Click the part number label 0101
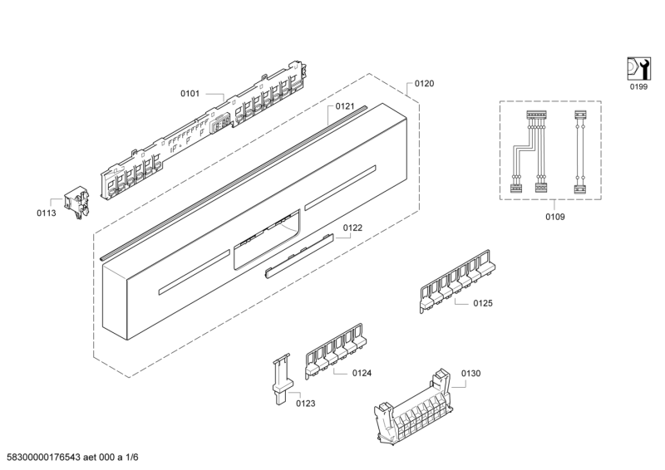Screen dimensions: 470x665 click(190, 94)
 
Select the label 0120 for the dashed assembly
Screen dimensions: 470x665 click(424, 84)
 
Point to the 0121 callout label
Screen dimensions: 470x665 click(345, 106)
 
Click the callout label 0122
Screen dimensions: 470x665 click(353, 228)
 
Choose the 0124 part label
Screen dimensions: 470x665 click(361, 374)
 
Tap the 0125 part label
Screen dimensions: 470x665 click(483, 303)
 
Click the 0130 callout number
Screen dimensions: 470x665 click(470, 375)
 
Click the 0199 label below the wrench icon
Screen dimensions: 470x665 click(638, 86)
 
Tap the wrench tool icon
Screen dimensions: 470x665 click(638, 68)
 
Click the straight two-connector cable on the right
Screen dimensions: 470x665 click(580, 149)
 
